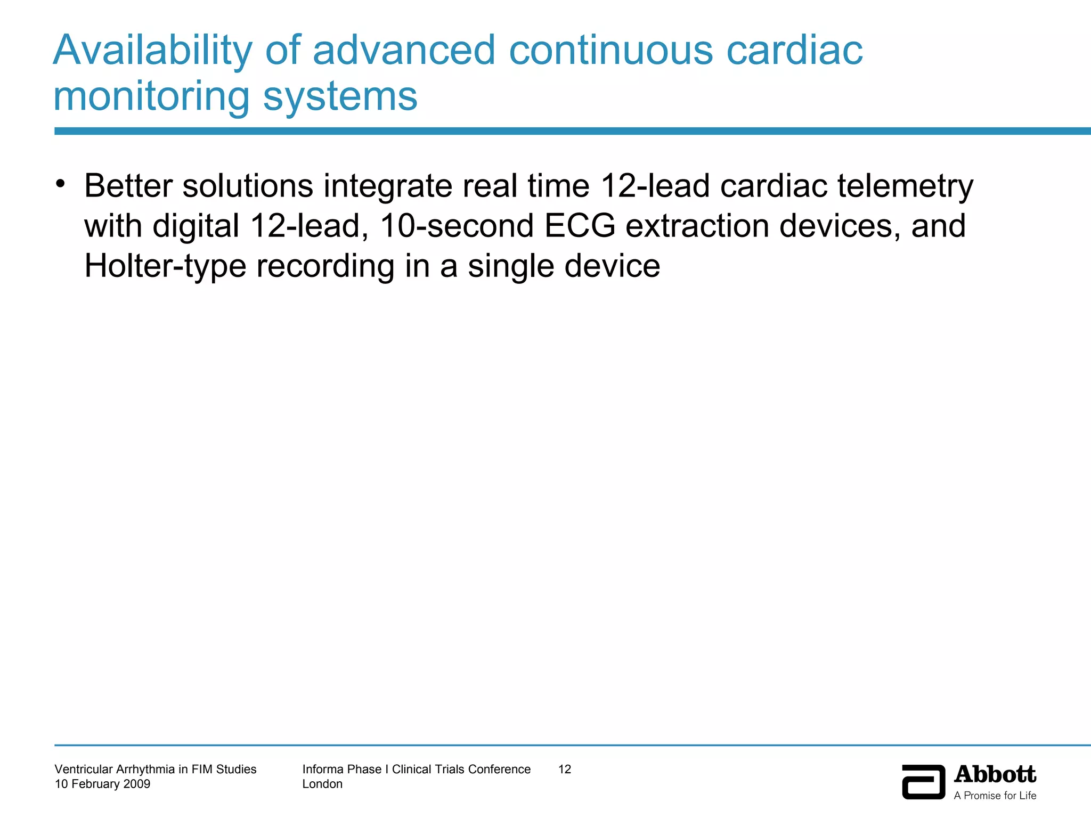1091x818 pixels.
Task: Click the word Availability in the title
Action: (152, 51)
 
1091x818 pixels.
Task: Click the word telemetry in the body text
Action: (905, 186)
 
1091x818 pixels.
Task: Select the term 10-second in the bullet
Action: (457, 226)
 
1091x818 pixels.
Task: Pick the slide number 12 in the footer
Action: (564, 769)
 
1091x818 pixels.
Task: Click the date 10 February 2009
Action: (102, 784)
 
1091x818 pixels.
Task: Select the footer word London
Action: (322, 784)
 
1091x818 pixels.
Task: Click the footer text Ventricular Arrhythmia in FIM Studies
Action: (156, 769)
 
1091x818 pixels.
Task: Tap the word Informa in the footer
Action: (322, 769)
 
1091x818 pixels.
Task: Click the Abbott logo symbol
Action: (923, 782)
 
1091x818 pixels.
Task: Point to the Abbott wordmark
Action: (995, 774)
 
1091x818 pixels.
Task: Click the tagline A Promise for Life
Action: (995, 796)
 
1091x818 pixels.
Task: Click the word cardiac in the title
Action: (794, 51)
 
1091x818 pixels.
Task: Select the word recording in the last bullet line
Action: (325, 266)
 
